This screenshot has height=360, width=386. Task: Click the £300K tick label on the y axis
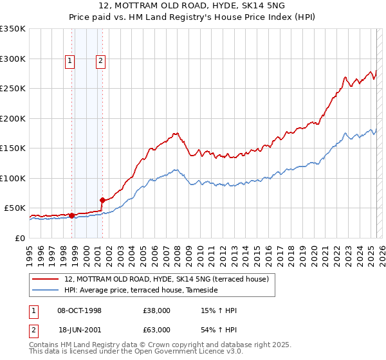pos(13,59)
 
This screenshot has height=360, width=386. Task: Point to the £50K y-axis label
pos(15,208)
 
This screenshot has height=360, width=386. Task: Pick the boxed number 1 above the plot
pos(70,62)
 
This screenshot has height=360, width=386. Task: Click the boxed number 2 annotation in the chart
pos(101,62)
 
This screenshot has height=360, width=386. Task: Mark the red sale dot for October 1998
pos(71,215)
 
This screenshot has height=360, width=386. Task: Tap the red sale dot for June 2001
pos(102,201)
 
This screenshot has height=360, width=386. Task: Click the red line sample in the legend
pos(46,279)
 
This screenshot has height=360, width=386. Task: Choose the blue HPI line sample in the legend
pos(46,291)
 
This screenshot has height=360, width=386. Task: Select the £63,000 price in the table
pos(157,329)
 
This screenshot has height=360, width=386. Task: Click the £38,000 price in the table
pos(157,310)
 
